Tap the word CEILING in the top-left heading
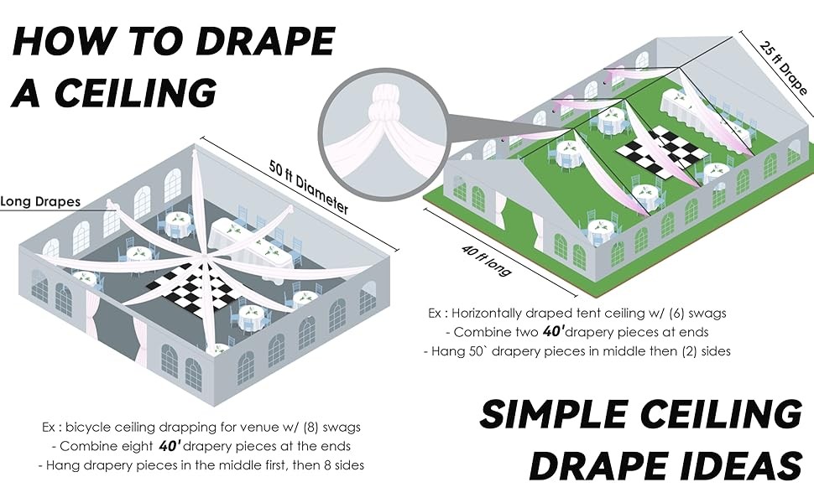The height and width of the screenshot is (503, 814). pyautogui.click(x=135, y=92)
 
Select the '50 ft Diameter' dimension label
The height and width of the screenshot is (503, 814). pyautogui.click(x=309, y=187)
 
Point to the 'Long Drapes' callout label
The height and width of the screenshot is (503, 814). pyautogui.click(x=40, y=201)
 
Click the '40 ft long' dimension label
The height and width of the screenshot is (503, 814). pyautogui.click(x=487, y=260)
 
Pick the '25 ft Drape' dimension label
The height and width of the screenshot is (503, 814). pyautogui.click(x=784, y=67)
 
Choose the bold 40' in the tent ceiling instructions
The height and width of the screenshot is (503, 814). pyautogui.click(x=553, y=331)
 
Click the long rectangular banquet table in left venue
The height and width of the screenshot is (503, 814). pyautogui.click(x=249, y=242)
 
